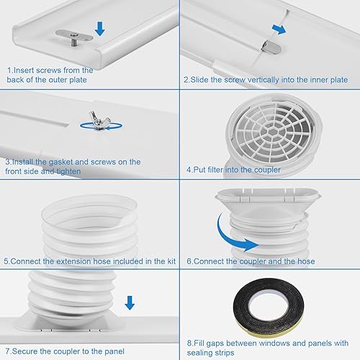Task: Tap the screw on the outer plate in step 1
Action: [x=72, y=36]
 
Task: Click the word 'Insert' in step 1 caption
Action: [x=24, y=70]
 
